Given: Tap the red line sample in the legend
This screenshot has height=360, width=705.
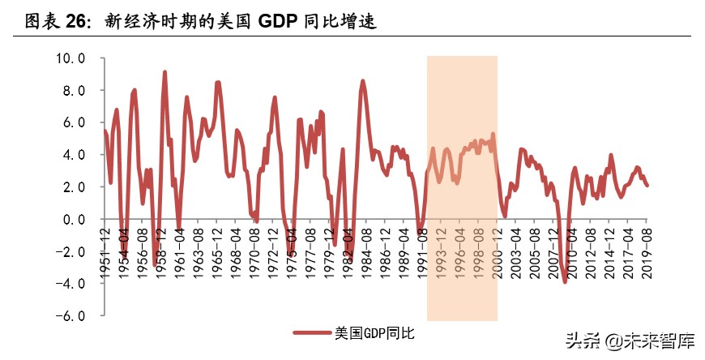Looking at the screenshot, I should click(x=312, y=332).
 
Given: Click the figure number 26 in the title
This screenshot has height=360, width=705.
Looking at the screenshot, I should click(x=72, y=22).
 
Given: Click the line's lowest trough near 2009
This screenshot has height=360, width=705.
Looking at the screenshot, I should click(x=565, y=281).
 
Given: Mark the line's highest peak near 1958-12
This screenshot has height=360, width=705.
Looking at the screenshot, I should click(x=164, y=72).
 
